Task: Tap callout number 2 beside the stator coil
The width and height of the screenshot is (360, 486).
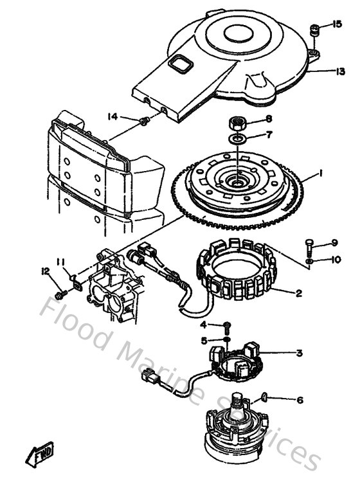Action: (x=298, y=293)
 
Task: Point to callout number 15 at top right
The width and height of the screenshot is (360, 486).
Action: (x=338, y=24)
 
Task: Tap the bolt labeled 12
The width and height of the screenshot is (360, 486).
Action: (x=60, y=293)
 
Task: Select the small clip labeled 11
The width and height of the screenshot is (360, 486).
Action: (x=76, y=279)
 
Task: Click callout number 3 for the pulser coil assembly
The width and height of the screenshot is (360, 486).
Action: (x=299, y=352)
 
